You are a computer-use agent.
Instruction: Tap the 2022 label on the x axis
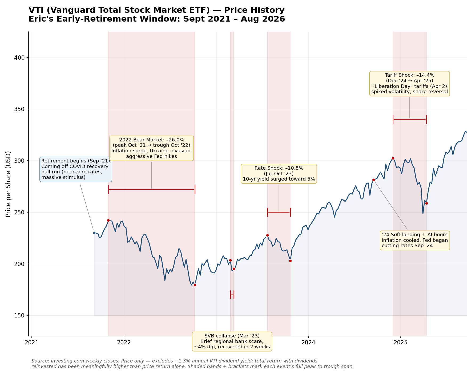pos(124,342)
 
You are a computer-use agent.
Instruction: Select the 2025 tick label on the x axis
pos(400,342)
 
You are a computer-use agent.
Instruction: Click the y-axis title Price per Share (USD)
pos(8,184)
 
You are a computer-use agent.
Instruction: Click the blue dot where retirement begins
pos(94,233)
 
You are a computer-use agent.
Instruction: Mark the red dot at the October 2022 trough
pos(195,285)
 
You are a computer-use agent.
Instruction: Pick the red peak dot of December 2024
pos(393,158)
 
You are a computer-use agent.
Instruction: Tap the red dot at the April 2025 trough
pos(426,203)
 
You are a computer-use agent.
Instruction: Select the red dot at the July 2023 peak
pos(267,235)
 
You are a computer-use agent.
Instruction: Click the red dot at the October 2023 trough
pos(290,261)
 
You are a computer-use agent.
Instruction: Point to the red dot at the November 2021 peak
pos(108,220)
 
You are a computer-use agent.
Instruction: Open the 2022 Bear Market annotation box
pos(152,148)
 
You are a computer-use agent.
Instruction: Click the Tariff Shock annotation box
pos(409,84)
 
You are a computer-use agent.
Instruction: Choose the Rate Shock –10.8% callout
pos(279,174)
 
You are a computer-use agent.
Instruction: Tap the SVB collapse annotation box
pos(232,341)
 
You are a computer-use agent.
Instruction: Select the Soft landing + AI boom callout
pos(415,240)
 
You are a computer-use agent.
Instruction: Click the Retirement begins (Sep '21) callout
pos(76,169)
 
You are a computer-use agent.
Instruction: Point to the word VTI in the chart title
pos(37,10)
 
